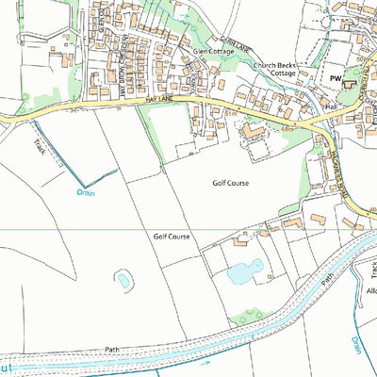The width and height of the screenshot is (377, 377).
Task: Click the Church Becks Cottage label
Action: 275,70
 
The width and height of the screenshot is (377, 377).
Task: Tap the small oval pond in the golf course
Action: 123,279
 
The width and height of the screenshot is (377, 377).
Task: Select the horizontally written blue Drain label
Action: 86,192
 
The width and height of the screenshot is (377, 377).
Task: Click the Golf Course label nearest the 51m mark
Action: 230,183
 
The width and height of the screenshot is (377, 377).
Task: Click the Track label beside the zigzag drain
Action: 40,147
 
